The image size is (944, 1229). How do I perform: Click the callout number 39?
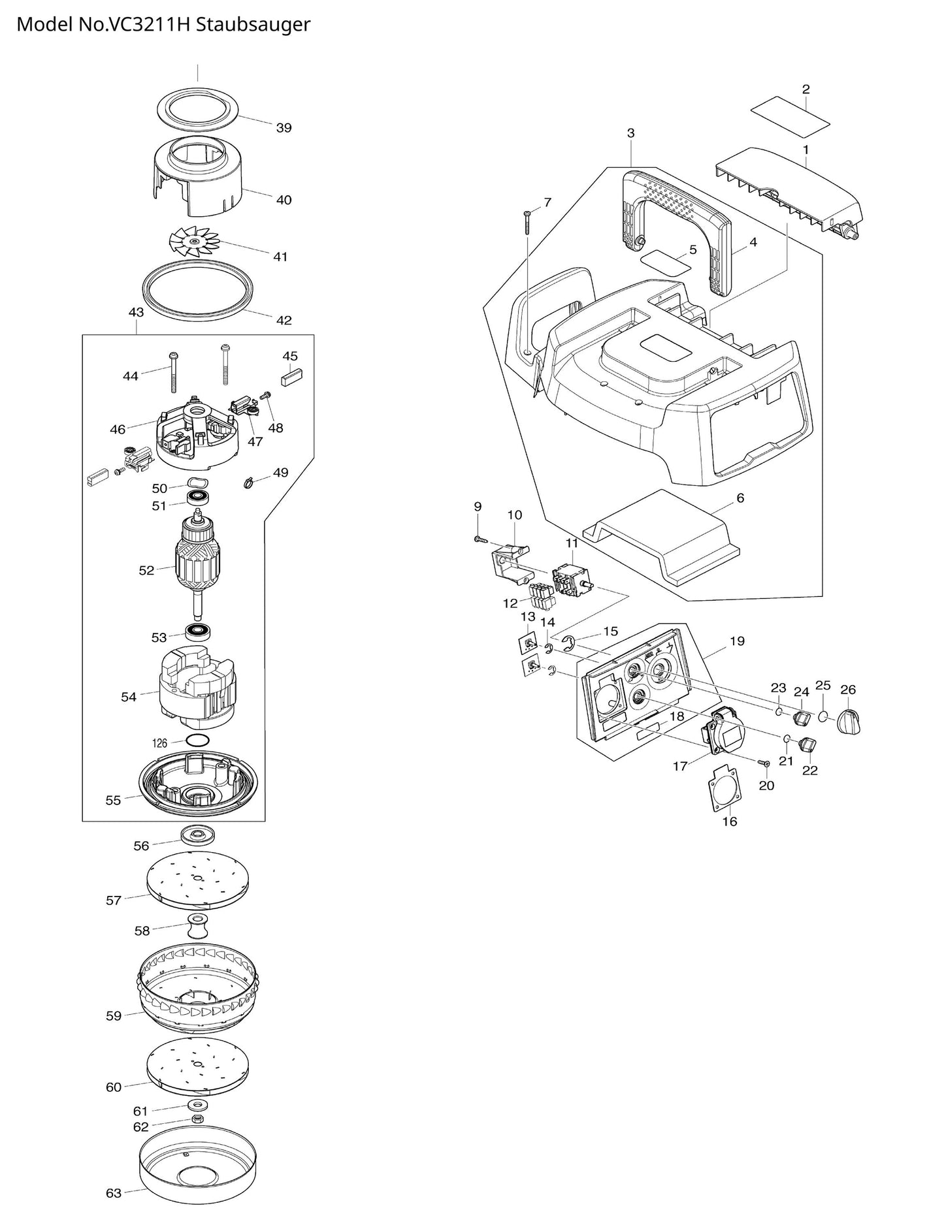click(x=284, y=128)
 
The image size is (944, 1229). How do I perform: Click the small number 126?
click(x=160, y=742)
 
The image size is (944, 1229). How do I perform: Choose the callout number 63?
click(x=114, y=1193)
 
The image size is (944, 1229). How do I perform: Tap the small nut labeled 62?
click(x=194, y=1119)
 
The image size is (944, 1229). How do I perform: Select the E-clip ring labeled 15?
click(x=568, y=644)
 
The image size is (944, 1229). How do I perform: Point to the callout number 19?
click(x=737, y=641)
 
